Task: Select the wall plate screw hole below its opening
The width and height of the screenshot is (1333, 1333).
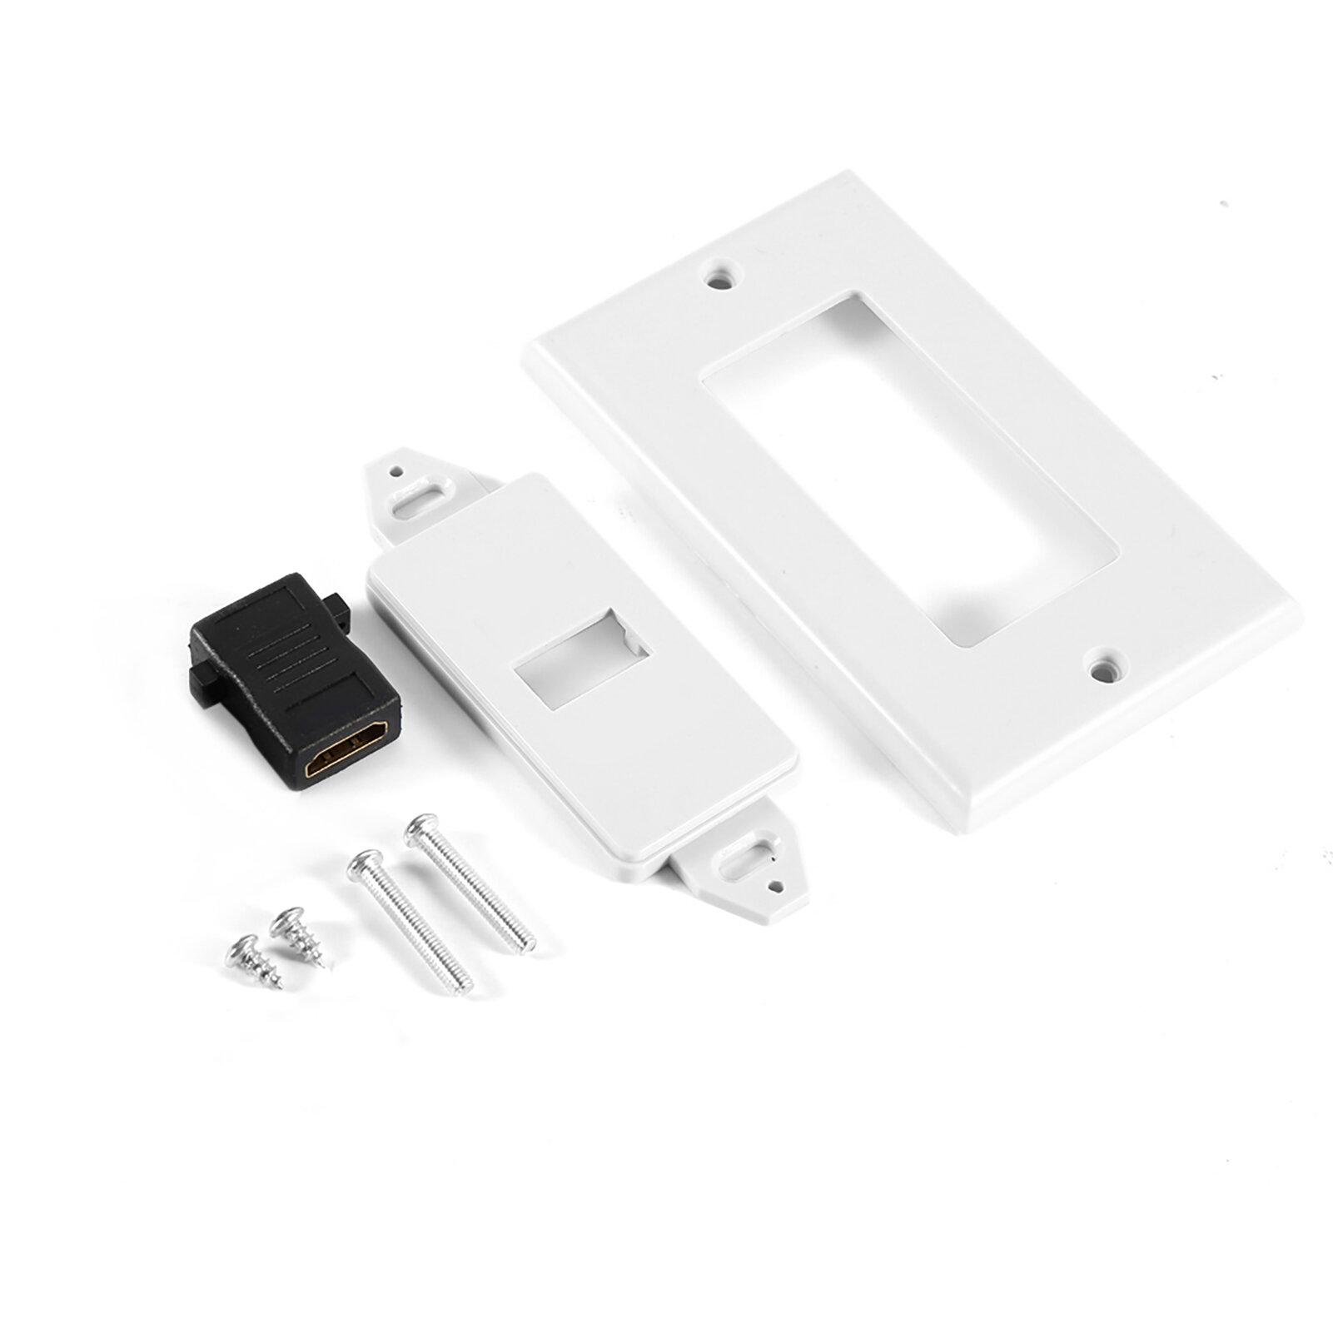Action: point(1103,667)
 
